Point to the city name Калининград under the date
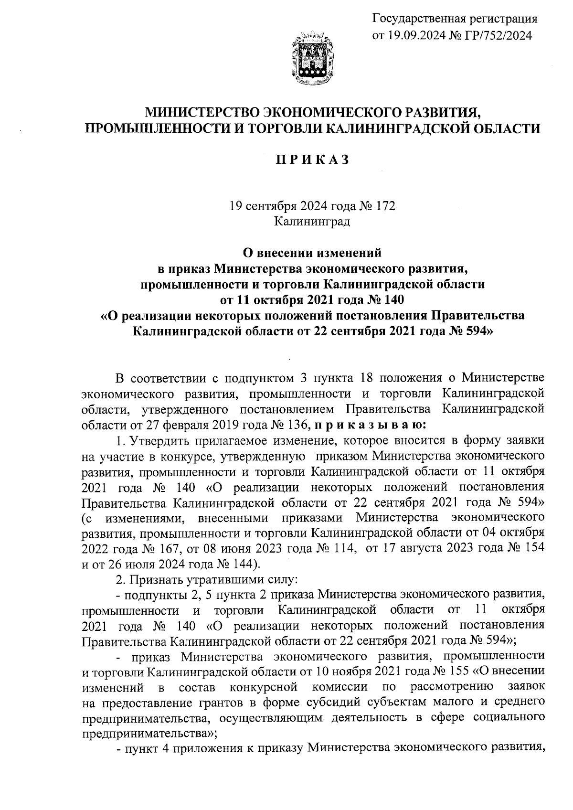coord(312,222)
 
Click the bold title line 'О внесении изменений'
coord(312,251)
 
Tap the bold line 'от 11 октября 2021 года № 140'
coord(312,300)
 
